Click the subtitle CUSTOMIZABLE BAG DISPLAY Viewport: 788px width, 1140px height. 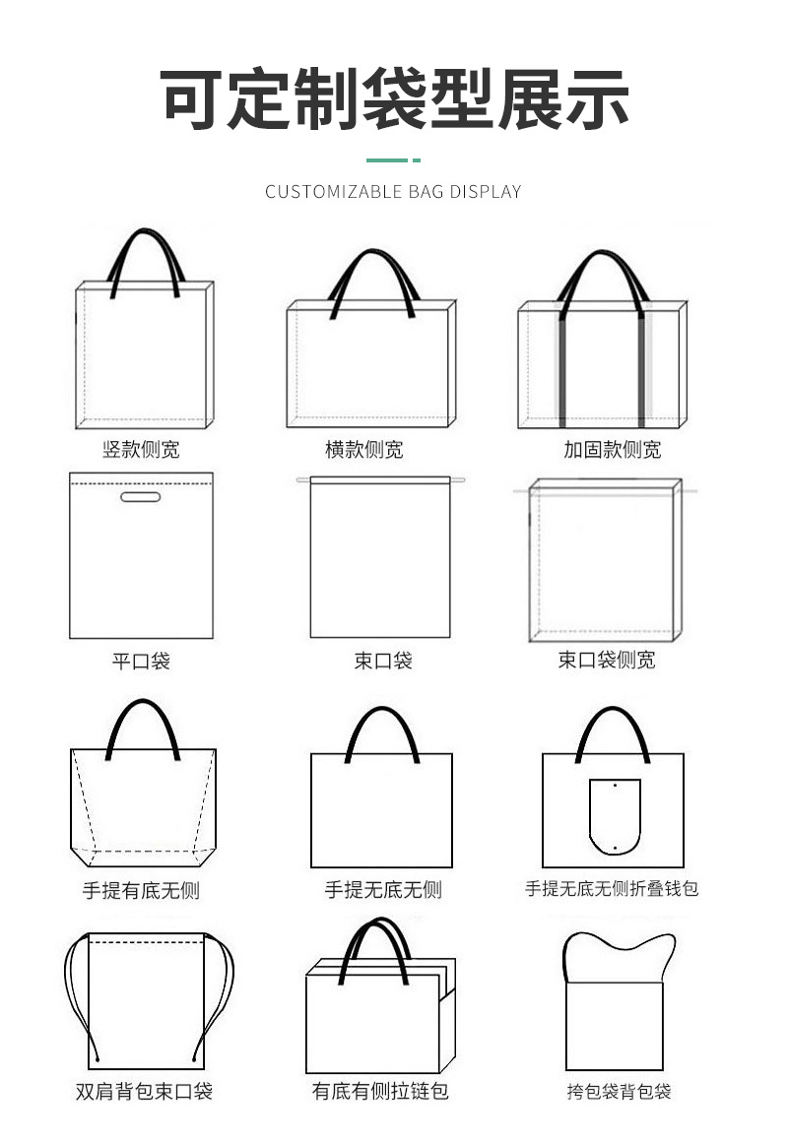point(393,191)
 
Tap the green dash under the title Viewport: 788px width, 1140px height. point(393,159)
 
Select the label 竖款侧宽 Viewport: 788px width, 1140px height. point(142,450)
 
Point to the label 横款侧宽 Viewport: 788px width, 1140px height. point(363,450)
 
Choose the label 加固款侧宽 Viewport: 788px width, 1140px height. point(612,450)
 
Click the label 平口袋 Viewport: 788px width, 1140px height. point(141,661)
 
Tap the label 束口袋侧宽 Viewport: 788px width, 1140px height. point(607,660)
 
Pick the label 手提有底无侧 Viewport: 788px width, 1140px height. point(141,890)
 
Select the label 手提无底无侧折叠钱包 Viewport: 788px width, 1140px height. point(612,888)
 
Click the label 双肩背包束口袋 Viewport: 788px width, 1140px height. point(144,1091)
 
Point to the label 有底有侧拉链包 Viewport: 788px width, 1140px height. point(380,1091)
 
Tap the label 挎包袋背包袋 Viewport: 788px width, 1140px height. point(619,1091)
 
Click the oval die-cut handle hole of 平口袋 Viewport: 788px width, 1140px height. point(141,497)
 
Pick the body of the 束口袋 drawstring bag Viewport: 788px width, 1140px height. point(380,561)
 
